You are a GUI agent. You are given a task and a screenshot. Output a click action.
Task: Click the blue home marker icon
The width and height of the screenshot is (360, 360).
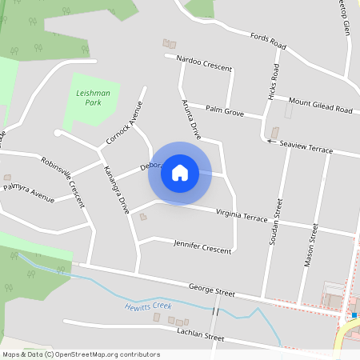coord(180,173)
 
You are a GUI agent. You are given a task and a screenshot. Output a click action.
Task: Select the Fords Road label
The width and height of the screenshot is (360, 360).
coord(267,39)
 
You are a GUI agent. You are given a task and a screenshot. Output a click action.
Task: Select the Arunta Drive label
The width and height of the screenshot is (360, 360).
coord(190,117)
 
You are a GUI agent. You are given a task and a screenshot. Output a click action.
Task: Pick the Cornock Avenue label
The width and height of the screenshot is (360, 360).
coord(126,125)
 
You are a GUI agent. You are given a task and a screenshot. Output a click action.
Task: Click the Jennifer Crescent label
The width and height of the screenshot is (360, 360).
coord(202,247)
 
